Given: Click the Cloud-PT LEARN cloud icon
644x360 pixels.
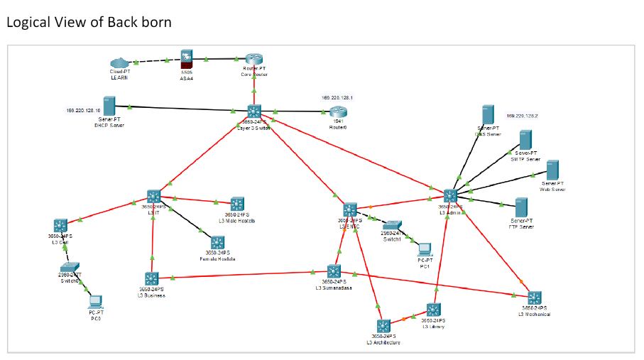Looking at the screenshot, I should coord(119,63).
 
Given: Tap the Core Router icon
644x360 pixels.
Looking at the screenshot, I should coord(254,60).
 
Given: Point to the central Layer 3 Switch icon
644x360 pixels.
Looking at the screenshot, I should coord(254,111).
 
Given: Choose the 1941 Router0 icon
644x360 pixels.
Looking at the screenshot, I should coord(337,111).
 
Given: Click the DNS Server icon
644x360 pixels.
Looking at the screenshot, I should coord(488,115).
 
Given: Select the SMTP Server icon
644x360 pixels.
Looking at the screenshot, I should coord(525,140).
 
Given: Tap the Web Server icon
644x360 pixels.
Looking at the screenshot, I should coord(552,170).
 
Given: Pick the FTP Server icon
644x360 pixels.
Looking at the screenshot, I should coord(522,207).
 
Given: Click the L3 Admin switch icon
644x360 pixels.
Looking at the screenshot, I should coord(450,196).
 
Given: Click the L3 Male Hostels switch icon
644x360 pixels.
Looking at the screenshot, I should coord(236,204).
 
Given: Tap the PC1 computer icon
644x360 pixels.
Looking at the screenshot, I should coord(424,249).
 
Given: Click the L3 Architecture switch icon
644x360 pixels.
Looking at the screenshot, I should coord(383,327).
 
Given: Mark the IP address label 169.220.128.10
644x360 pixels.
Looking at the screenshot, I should coord(83,110).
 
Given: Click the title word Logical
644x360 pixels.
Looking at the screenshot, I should coord(28,22).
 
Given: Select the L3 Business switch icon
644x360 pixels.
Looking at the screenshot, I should coord(151,279).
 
